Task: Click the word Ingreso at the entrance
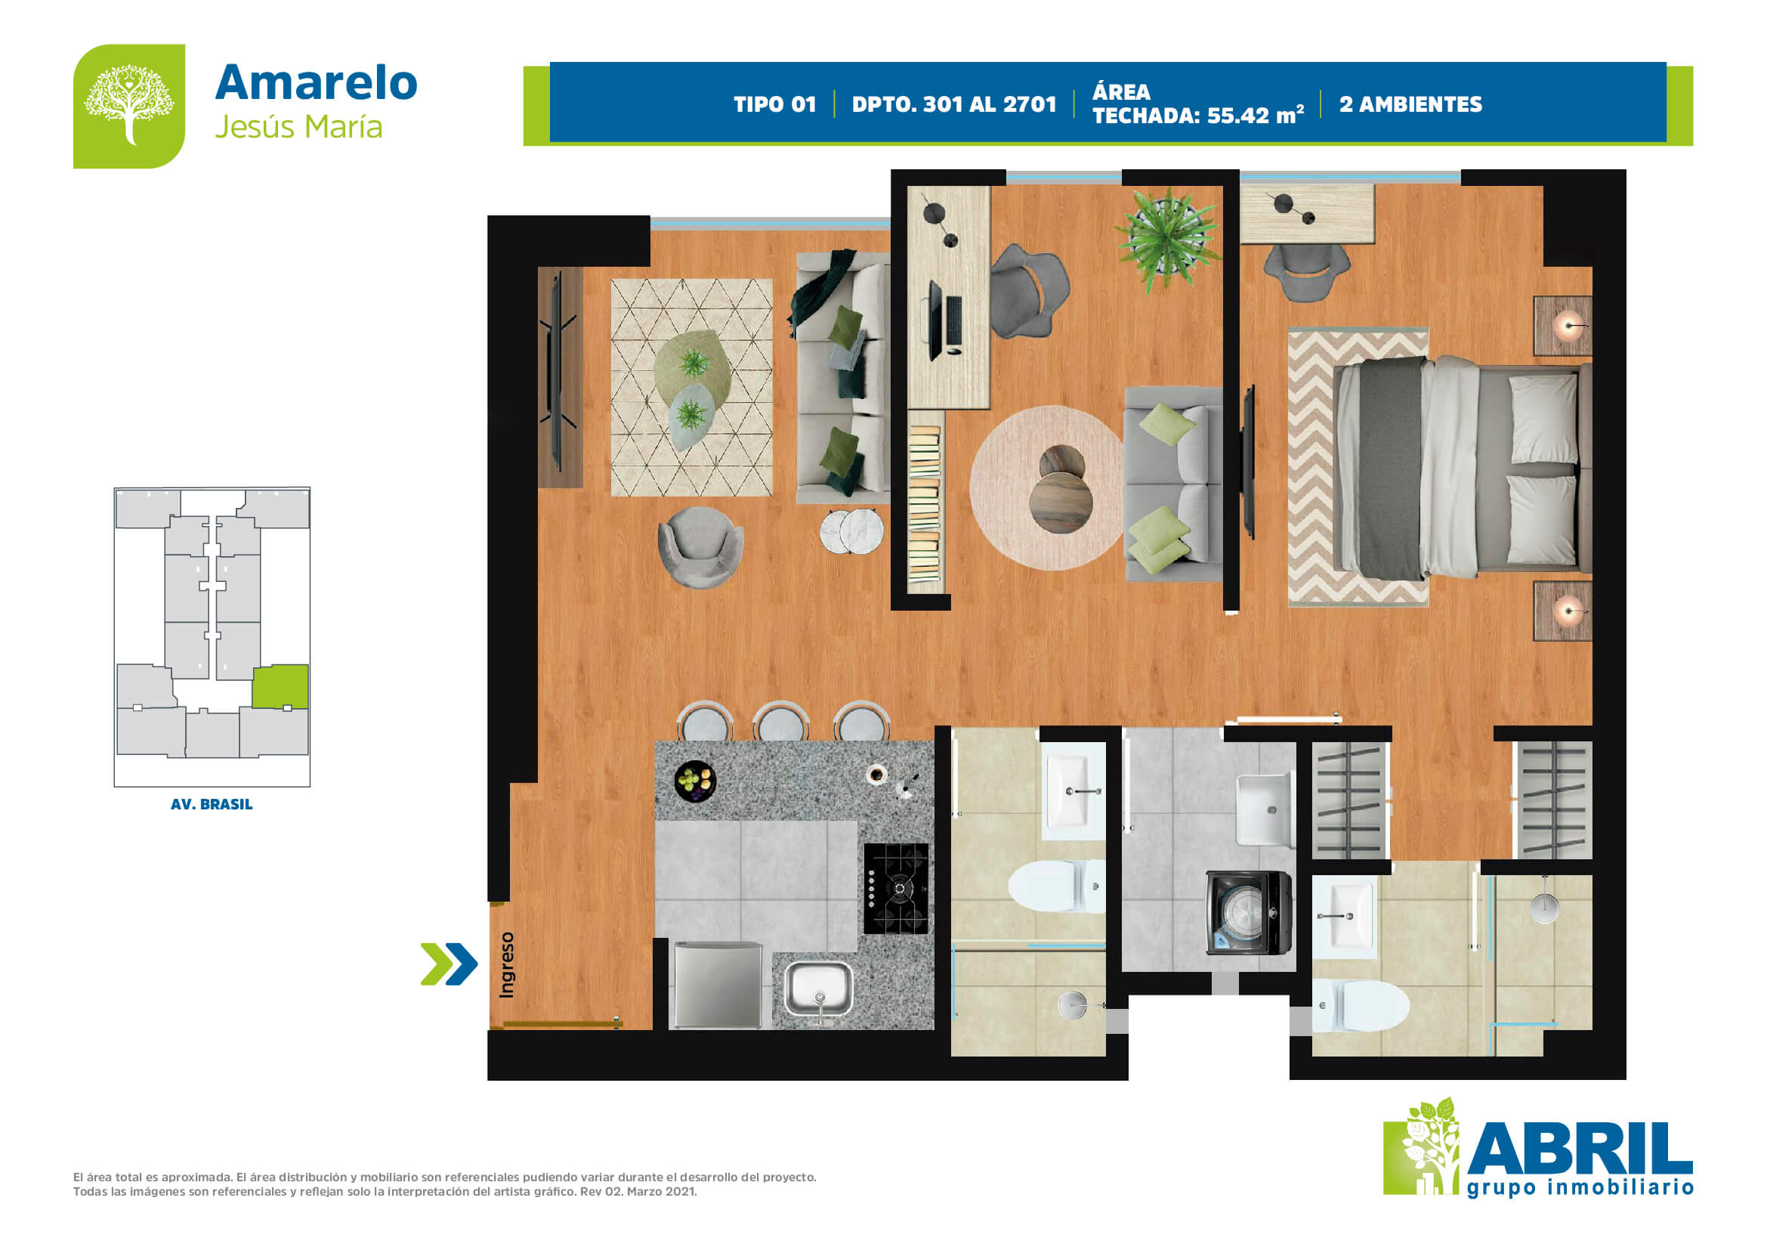[505, 964]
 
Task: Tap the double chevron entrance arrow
[449, 964]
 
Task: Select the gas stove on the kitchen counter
[896, 888]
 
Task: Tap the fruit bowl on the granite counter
[695, 781]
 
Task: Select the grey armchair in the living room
[700, 546]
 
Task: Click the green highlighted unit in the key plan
[280, 686]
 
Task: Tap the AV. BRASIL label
[212, 804]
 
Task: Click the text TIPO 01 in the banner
[774, 105]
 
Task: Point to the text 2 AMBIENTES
[1410, 105]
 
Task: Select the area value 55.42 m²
[1256, 116]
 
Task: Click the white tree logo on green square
[129, 107]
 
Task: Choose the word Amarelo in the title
[317, 82]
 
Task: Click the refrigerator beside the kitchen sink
[718, 985]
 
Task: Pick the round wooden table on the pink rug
[1061, 502]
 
